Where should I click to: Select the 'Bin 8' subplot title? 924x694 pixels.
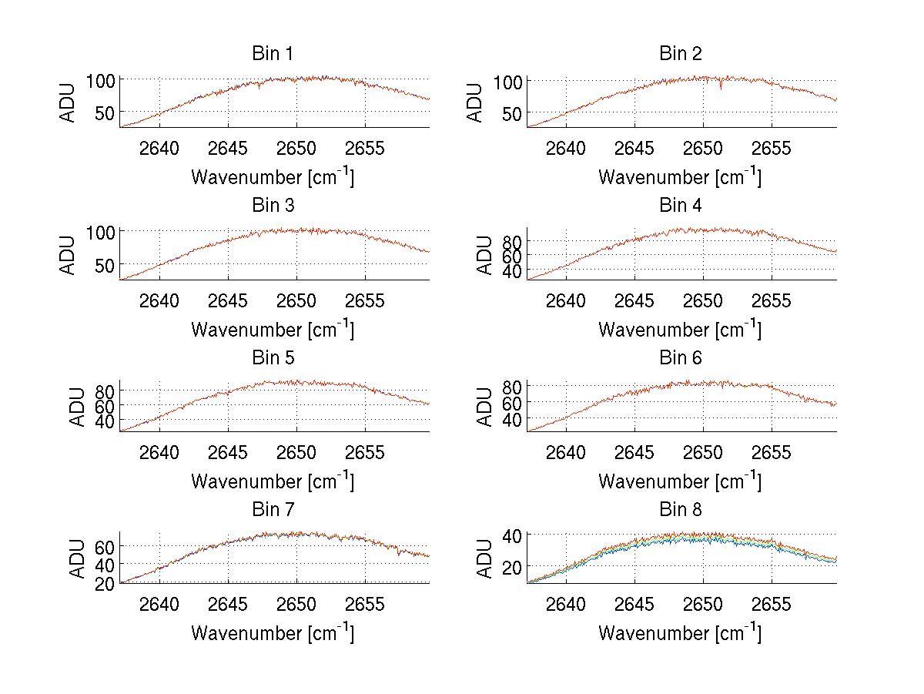[x=680, y=510]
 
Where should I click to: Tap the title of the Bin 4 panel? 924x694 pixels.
[x=680, y=206]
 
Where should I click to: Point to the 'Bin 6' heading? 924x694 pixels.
[x=680, y=358]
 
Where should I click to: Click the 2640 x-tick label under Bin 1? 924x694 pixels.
[x=159, y=148]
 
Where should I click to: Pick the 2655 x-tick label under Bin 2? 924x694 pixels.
[x=772, y=148]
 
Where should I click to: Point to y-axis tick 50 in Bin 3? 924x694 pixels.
[x=106, y=264]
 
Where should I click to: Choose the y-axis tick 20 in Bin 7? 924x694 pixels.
[x=106, y=583]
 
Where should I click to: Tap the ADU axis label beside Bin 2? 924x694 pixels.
[x=475, y=102]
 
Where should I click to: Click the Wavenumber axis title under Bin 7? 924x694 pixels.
[x=273, y=633]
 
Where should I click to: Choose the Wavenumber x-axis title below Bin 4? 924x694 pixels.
[x=680, y=330]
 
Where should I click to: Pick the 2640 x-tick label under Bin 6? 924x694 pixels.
[x=567, y=452]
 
